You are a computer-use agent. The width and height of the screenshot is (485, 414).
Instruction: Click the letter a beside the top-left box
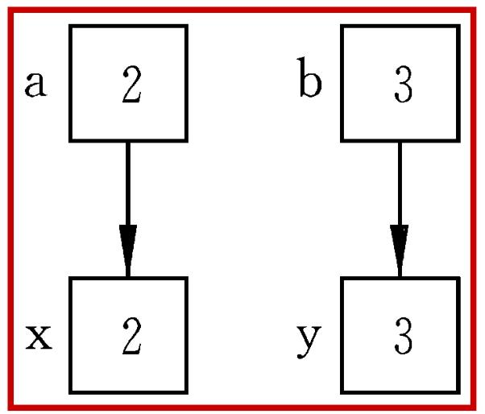click(36, 84)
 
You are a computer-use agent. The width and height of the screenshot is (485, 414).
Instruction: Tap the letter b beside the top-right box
click(310, 77)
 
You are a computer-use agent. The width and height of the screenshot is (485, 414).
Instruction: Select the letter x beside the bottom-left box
click(39, 337)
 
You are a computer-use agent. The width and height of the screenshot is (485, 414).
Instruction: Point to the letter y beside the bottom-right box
click(309, 342)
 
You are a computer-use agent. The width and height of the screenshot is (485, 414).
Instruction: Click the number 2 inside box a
click(132, 84)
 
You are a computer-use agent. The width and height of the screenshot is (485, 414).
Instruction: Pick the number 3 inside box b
click(404, 85)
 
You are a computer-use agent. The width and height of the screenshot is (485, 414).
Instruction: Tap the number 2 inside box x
click(132, 335)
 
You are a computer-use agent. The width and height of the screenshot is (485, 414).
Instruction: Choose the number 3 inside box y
click(404, 336)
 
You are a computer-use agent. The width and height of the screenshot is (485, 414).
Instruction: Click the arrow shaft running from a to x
click(128, 184)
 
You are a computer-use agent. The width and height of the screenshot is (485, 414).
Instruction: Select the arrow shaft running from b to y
click(400, 184)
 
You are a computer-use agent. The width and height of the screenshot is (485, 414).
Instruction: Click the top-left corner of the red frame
click(10, 10)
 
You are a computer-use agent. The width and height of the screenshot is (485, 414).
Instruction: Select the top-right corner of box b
click(458, 26)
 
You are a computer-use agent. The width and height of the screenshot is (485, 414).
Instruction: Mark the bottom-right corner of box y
click(458, 392)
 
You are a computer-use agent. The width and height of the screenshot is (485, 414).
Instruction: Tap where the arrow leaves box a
click(128, 143)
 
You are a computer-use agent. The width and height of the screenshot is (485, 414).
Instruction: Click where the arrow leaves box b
click(400, 143)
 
